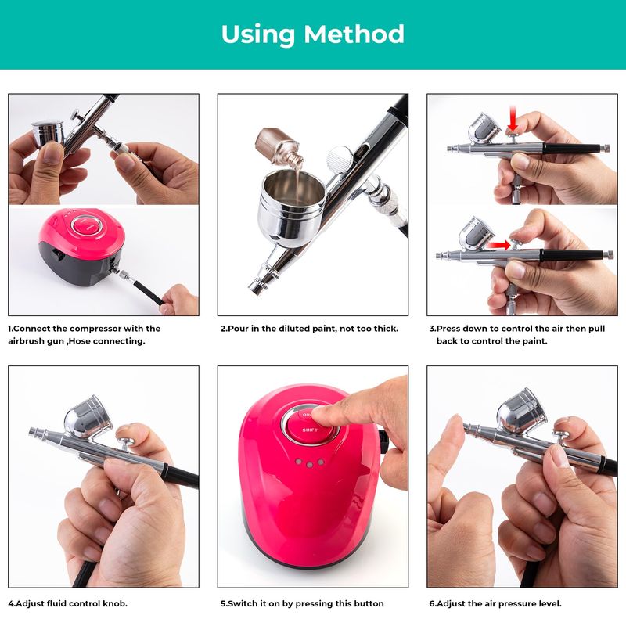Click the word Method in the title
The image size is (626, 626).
click(x=354, y=34)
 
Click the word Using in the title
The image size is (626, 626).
click(x=257, y=35)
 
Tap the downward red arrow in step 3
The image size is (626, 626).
click(x=513, y=119)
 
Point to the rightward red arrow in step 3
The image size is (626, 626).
click(x=499, y=245)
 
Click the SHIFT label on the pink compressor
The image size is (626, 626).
click(x=310, y=430)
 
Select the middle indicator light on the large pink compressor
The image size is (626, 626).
click(x=309, y=464)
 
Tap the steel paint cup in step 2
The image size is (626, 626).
click(x=291, y=207)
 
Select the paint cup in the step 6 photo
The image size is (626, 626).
click(x=521, y=410)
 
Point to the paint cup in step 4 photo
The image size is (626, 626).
click(x=88, y=416)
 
